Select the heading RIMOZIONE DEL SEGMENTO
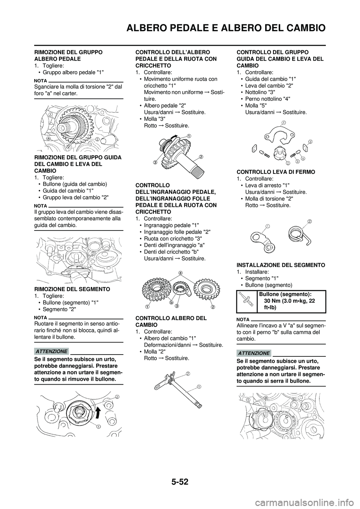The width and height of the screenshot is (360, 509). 72,289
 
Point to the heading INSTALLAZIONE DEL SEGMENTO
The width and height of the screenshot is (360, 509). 281,265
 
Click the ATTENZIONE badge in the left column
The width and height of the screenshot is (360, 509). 52,351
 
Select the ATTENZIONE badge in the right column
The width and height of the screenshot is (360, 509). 253,353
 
